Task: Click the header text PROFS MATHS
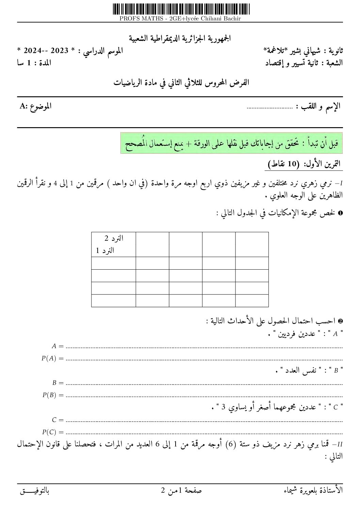[180, 19]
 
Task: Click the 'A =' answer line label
[58, 346]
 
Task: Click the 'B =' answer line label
[58, 383]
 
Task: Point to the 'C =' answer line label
[58, 420]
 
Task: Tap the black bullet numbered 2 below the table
[340, 321]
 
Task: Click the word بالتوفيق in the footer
[35, 491]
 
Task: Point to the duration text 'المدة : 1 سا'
[34, 63]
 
